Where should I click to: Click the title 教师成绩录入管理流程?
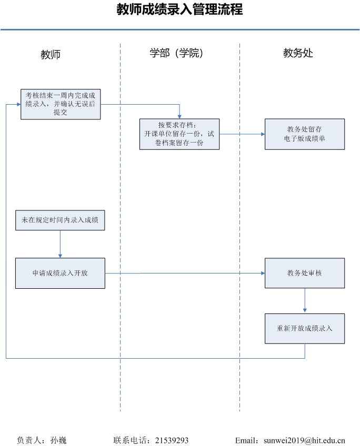[x=179, y=9]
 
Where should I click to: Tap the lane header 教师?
[x=51, y=54]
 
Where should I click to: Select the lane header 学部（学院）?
[x=176, y=53]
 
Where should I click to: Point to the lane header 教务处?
[x=298, y=53]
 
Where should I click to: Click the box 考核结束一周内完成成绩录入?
[x=61, y=104]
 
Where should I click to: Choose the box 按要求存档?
[x=179, y=134]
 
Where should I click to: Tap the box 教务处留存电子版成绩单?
[x=305, y=134]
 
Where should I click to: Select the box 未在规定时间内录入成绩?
[x=60, y=220]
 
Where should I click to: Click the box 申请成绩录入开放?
[x=60, y=273]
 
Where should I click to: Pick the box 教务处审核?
[x=305, y=273]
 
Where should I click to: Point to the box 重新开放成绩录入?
[x=305, y=329]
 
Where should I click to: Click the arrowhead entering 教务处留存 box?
[x=263, y=134]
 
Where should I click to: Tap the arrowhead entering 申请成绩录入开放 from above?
[x=60, y=256]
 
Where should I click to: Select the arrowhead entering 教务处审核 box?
[x=263, y=273]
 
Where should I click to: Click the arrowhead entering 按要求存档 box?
[x=179, y=116]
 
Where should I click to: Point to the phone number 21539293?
[x=172, y=440]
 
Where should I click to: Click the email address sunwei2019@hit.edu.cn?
[x=304, y=440]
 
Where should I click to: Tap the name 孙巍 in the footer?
[x=58, y=440]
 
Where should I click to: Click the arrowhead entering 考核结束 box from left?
[x=19, y=104]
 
